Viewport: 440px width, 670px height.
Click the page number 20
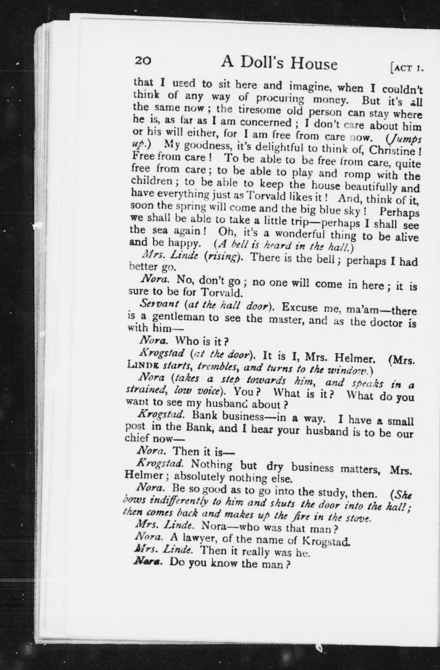143,61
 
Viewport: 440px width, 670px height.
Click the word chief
137,438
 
